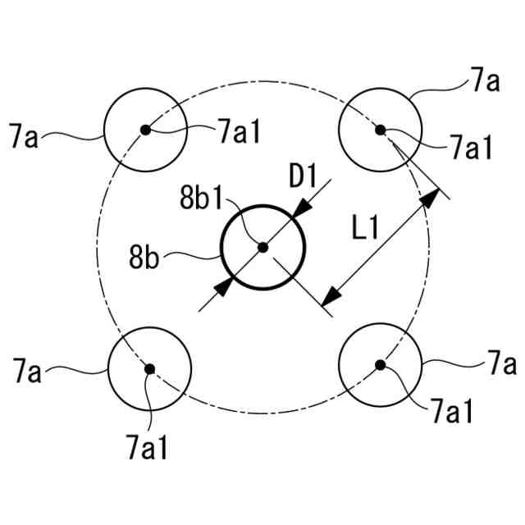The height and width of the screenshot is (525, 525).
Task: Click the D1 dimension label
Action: click(x=304, y=176)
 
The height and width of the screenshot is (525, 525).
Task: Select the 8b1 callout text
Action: click(x=200, y=197)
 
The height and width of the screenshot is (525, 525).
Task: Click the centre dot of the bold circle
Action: click(x=262, y=247)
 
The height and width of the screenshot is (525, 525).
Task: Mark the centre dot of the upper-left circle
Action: click(x=145, y=129)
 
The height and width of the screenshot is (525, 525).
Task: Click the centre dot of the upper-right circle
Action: click(x=380, y=129)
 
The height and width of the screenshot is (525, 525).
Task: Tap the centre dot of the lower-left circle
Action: click(x=149, y=368)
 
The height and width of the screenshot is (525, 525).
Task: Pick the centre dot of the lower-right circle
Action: click(x=379, y=364)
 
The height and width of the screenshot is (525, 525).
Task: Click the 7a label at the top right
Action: click(x=484, y=80)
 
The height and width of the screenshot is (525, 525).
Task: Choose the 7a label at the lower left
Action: click(x=26, y=373)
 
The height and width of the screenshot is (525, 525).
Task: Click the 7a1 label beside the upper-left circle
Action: click(x=238, y=131)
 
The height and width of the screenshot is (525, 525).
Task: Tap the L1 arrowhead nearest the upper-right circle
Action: click(x=429, y=200)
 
